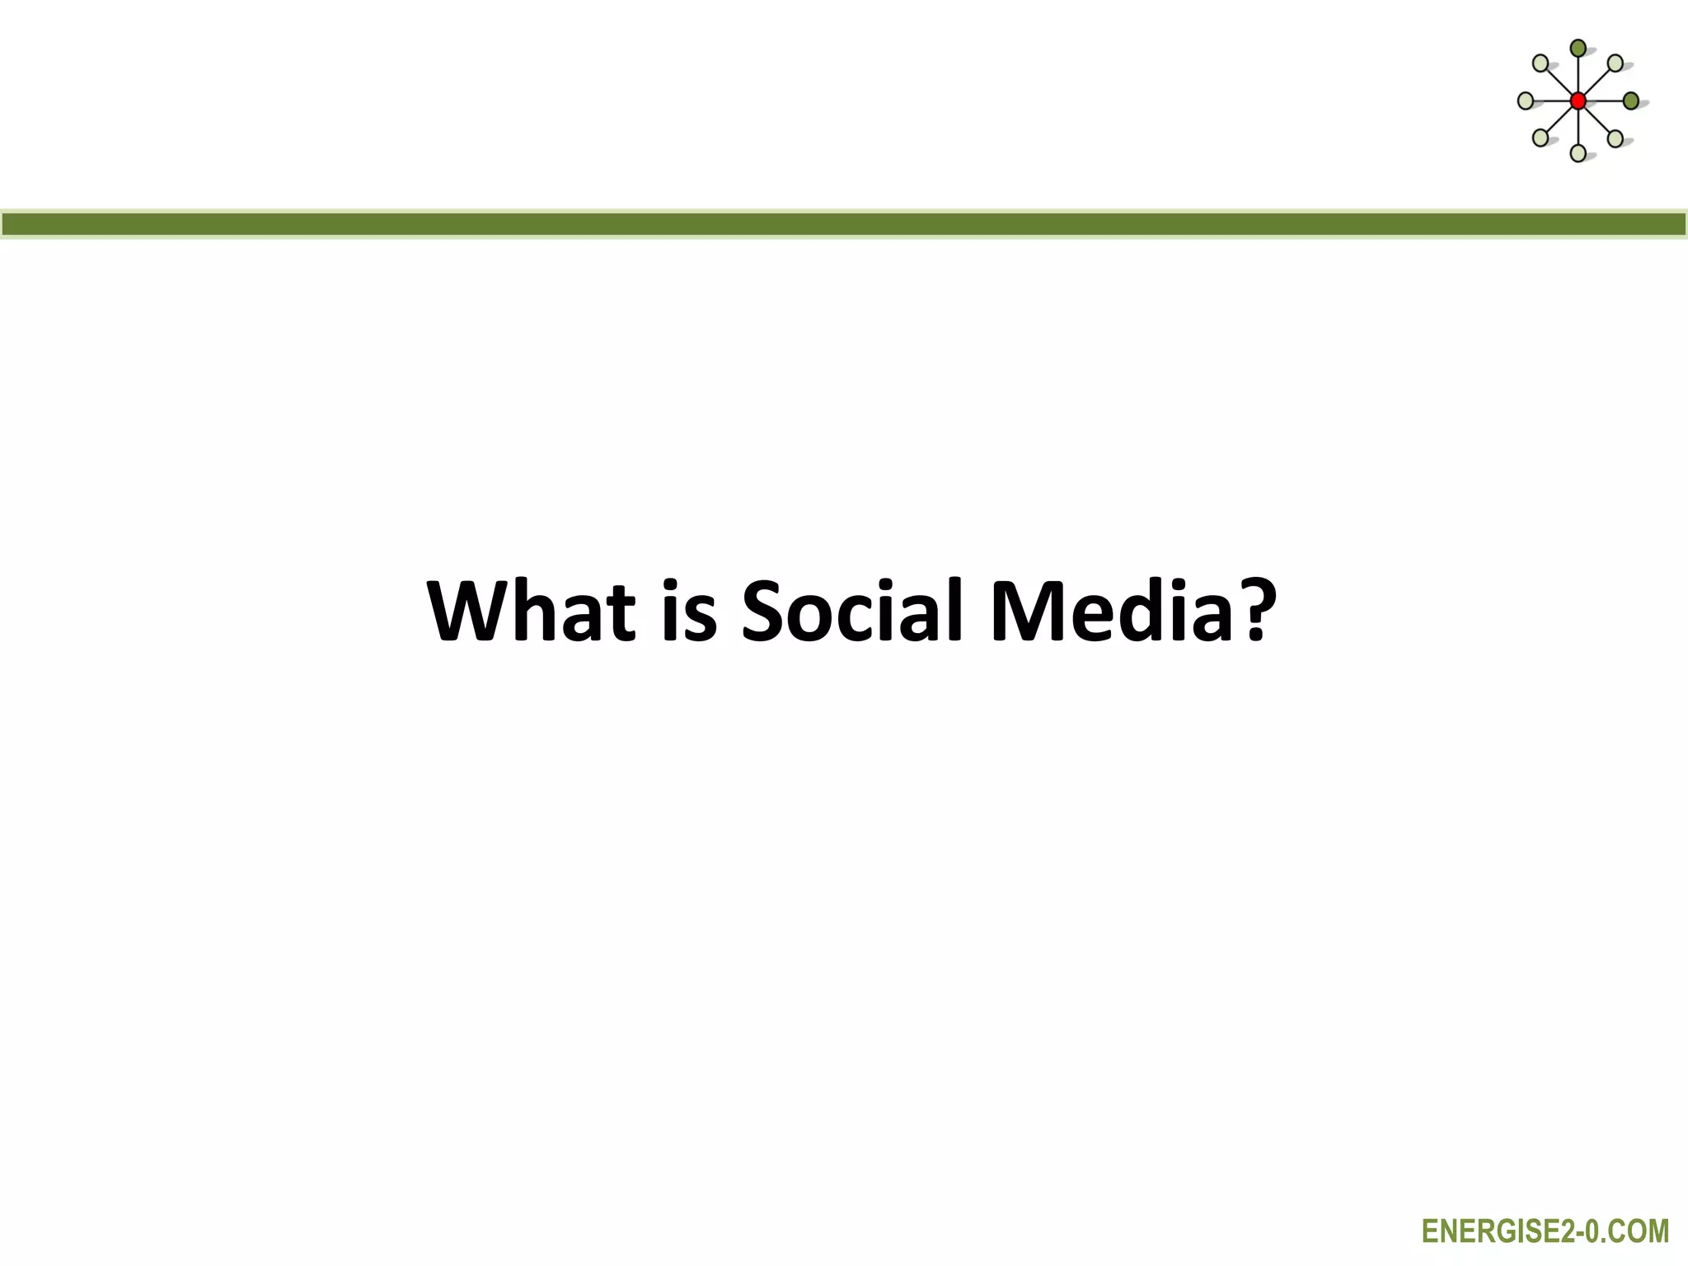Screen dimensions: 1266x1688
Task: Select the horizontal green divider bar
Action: tap(844, 224)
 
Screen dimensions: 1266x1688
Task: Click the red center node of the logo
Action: tap(1578, 101)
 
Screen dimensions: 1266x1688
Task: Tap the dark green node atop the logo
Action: tap(1578, 49)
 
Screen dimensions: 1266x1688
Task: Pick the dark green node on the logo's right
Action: tap(1631, 101)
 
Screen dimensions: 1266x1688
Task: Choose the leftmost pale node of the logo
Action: tap(1526, 101)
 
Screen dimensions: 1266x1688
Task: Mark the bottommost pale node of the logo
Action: tap(1578, 153)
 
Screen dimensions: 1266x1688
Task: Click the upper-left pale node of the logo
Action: tap(1540, 63)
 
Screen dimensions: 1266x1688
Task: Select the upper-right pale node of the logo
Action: tap(1615, 63)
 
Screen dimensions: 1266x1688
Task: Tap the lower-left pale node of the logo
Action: tap(1540, 138)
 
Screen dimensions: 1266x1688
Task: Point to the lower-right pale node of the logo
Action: tap(1615, 138)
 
